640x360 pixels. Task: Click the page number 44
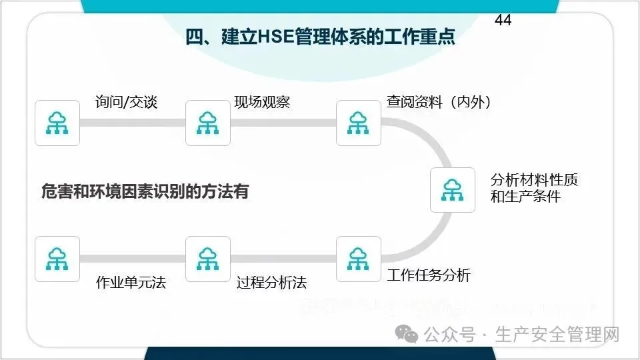tap(503, 20)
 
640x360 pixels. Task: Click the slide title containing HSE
tap(320, 37)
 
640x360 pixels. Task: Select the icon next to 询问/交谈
tap(57, 123)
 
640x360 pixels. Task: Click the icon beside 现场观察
tap(207, 123)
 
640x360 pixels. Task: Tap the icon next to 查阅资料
tap(358, 123)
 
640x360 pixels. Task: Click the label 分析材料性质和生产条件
tap(534, 188)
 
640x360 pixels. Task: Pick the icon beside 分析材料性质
tap(453, 190)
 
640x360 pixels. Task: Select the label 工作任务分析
tap(429, 275)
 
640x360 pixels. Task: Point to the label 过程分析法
tap(271, 283)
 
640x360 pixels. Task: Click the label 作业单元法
tap(131, 283)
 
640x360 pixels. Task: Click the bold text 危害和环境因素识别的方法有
tap(145, 192)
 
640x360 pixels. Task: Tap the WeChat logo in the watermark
tap(406, 333)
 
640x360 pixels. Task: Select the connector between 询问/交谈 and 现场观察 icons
tap(132, 123)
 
